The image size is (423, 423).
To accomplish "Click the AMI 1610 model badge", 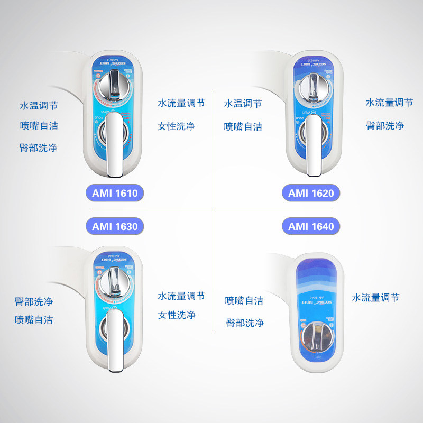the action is (114, 193).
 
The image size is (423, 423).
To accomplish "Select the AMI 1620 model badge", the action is (311, 193).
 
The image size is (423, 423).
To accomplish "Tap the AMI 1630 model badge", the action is (114, 227).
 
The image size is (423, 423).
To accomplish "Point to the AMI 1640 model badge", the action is (311, 227).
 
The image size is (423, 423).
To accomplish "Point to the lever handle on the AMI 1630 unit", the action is (115, 338).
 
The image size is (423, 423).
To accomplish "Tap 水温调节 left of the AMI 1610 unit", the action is (39, 106).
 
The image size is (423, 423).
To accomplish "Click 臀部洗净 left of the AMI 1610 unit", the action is (39, 148).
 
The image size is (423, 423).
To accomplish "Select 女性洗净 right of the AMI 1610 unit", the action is (177, 126).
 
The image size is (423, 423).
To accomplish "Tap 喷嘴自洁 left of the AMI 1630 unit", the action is (34, 320).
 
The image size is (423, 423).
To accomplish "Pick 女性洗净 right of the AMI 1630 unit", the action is (177, 315).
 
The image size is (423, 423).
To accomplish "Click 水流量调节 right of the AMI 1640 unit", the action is (375, 298).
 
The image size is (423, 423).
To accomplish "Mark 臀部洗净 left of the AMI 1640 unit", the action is (244, 323).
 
